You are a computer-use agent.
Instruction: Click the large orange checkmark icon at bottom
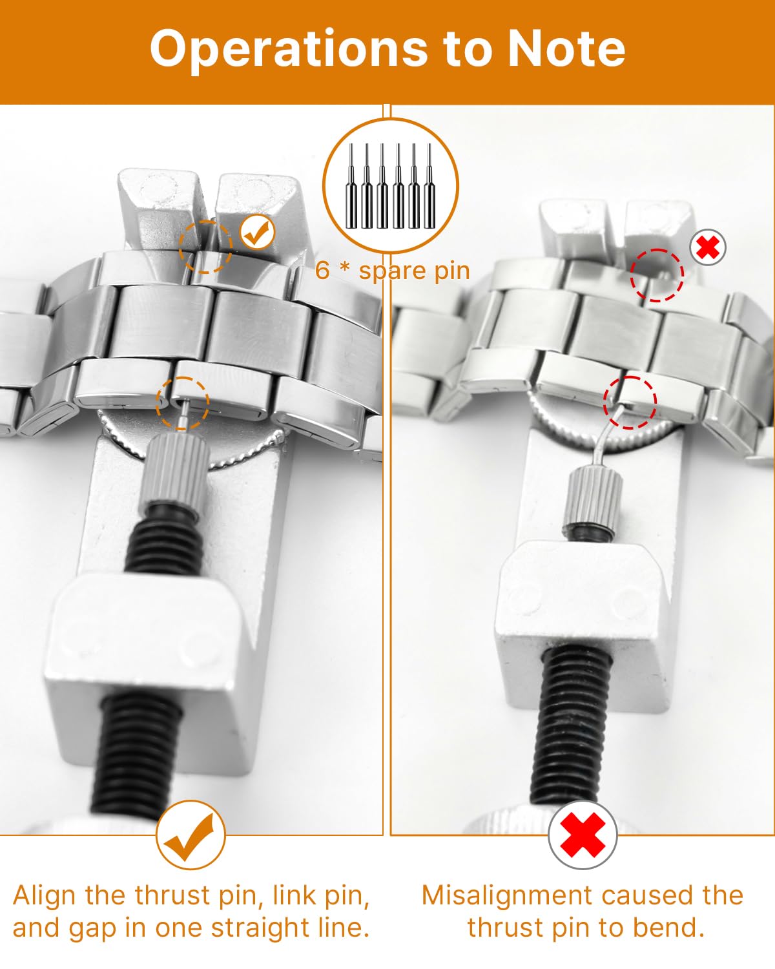pyautogui.click(x=191, y=835)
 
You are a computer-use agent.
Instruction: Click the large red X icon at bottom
pyautogui.click(x=583, y=835)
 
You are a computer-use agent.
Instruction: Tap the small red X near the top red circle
pyautogui.click(x=708, y=247)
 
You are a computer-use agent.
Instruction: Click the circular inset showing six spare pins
pyautogui.click(x=390, y=186)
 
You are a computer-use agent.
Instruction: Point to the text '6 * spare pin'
pyautogui.click(x=393, y=270)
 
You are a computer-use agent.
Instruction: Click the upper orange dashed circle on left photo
pyautogui.click(x=205, y=246)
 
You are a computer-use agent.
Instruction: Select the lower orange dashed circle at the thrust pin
pyautogui.click(x=183, y=403)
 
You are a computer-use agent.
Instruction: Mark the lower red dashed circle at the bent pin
pyautogui.click(x=630, y=402)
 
